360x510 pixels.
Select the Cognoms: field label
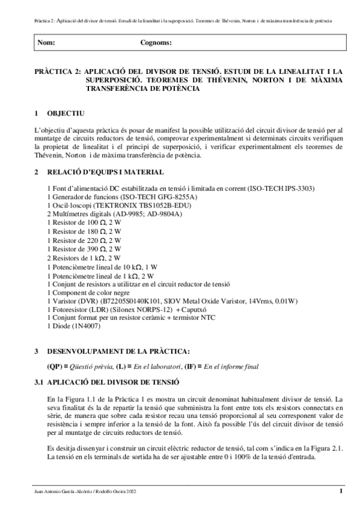pos(156,43)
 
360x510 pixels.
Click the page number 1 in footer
pos(341,491)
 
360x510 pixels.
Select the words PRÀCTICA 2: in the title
pos(58,71)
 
